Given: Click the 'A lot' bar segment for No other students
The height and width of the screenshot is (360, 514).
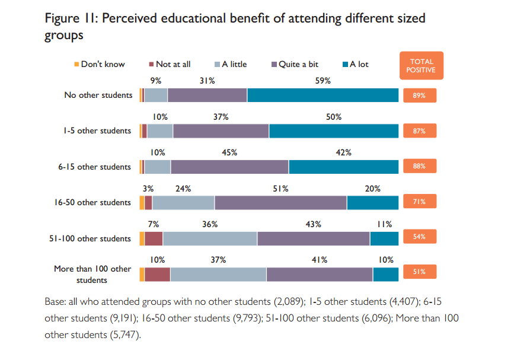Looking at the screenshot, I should pyautogui.click(x=323, y=95).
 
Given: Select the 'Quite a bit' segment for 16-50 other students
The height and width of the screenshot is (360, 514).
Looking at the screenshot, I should pyautogui.click(x=280, y=202).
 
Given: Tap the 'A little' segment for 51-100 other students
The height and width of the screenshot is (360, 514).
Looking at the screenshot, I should pyautogui.click(x=210, y=238).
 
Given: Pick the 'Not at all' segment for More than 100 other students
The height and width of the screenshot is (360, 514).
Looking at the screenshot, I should pyautogui.click(x=157, y=275).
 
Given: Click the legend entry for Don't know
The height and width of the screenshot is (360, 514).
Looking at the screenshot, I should pyautogui.click(x=99, y=64).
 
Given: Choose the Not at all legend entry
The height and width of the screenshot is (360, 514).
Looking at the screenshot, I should pyautogui.click(x=169, y=64).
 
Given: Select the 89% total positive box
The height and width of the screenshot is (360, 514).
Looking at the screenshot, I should pyautogui.click(x=420, y=95).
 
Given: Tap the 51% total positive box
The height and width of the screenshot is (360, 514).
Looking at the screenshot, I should pyautogui.click(x=420, y=273).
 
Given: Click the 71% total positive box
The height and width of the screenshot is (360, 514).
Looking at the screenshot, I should pyautogui.click(x=420, y=202).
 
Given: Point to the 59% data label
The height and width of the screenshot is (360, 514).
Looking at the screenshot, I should pyautogui.click(x=323, y=81).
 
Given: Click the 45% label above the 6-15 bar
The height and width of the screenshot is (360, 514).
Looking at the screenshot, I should pyautogui.click(x=229, y=153).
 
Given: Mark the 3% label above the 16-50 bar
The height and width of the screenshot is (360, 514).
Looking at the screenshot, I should pyautogui.click(x=148, y=189).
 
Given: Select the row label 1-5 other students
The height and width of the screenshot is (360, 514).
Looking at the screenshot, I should pyautogui.click(x=97, y=130).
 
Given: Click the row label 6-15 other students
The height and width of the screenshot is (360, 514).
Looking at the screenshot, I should pyautogui.click(x=94, y=167).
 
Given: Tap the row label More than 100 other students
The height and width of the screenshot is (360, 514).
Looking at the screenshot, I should pyautogui.click(x=92, y=274).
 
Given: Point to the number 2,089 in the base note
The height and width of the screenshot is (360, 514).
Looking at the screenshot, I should pyautogui.click(x=288, y=301).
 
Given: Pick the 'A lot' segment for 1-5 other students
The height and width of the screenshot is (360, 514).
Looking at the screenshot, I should pyautogui.click(x=334, y=131).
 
